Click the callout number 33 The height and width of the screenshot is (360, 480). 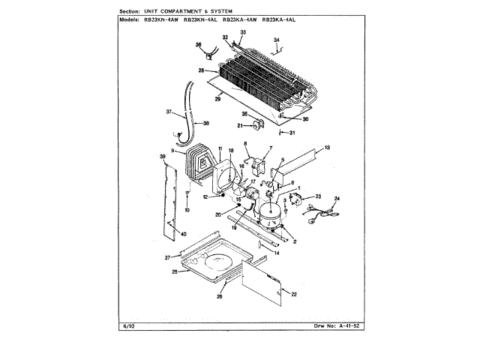tap(242, 33)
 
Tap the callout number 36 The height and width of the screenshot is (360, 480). tap(199, 46)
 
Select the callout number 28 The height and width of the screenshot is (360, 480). tap(202, 70)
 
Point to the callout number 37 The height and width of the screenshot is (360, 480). tap(169, 113)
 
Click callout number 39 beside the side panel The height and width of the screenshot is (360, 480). tap(163, 156)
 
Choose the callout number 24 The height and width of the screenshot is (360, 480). tap(337, 198)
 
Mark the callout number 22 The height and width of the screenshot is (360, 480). tap(294, 293)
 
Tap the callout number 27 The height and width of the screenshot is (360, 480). tap(169, 257)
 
